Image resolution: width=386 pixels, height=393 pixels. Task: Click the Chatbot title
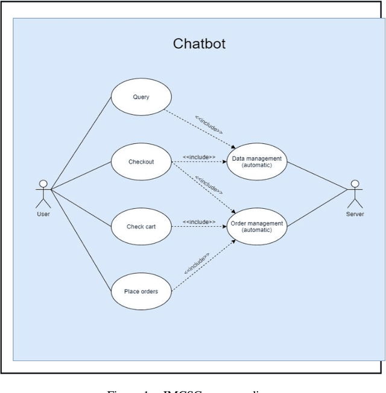[x=199, y=43]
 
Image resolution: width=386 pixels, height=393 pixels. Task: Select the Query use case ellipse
[x=141, y=97]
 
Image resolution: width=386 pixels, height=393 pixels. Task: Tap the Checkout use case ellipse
[x=141, y=161]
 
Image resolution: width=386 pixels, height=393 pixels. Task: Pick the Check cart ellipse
[x=141, y=226]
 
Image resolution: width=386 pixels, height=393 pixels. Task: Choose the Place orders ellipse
[x=141, y=291]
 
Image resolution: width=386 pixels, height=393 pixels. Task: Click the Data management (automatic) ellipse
[x=256, y=161]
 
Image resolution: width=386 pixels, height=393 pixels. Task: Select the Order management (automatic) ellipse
[x=256, y=226]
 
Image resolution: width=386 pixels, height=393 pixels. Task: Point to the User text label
[x=43, y=214]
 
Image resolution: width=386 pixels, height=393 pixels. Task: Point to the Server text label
[x=355, y=214]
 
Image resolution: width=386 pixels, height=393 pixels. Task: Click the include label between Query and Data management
[x=209, y=124]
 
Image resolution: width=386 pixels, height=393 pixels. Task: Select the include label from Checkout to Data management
[x=199, y=157]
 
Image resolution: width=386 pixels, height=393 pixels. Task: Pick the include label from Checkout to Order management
[x=209, y=185]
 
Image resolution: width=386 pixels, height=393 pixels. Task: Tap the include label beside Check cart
[x=199, y=221]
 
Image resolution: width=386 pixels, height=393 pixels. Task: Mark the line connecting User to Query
[x=81, y=143]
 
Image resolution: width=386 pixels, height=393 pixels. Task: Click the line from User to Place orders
[x=81, y=241]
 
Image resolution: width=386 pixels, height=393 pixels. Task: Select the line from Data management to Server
[x=318, y=175]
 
